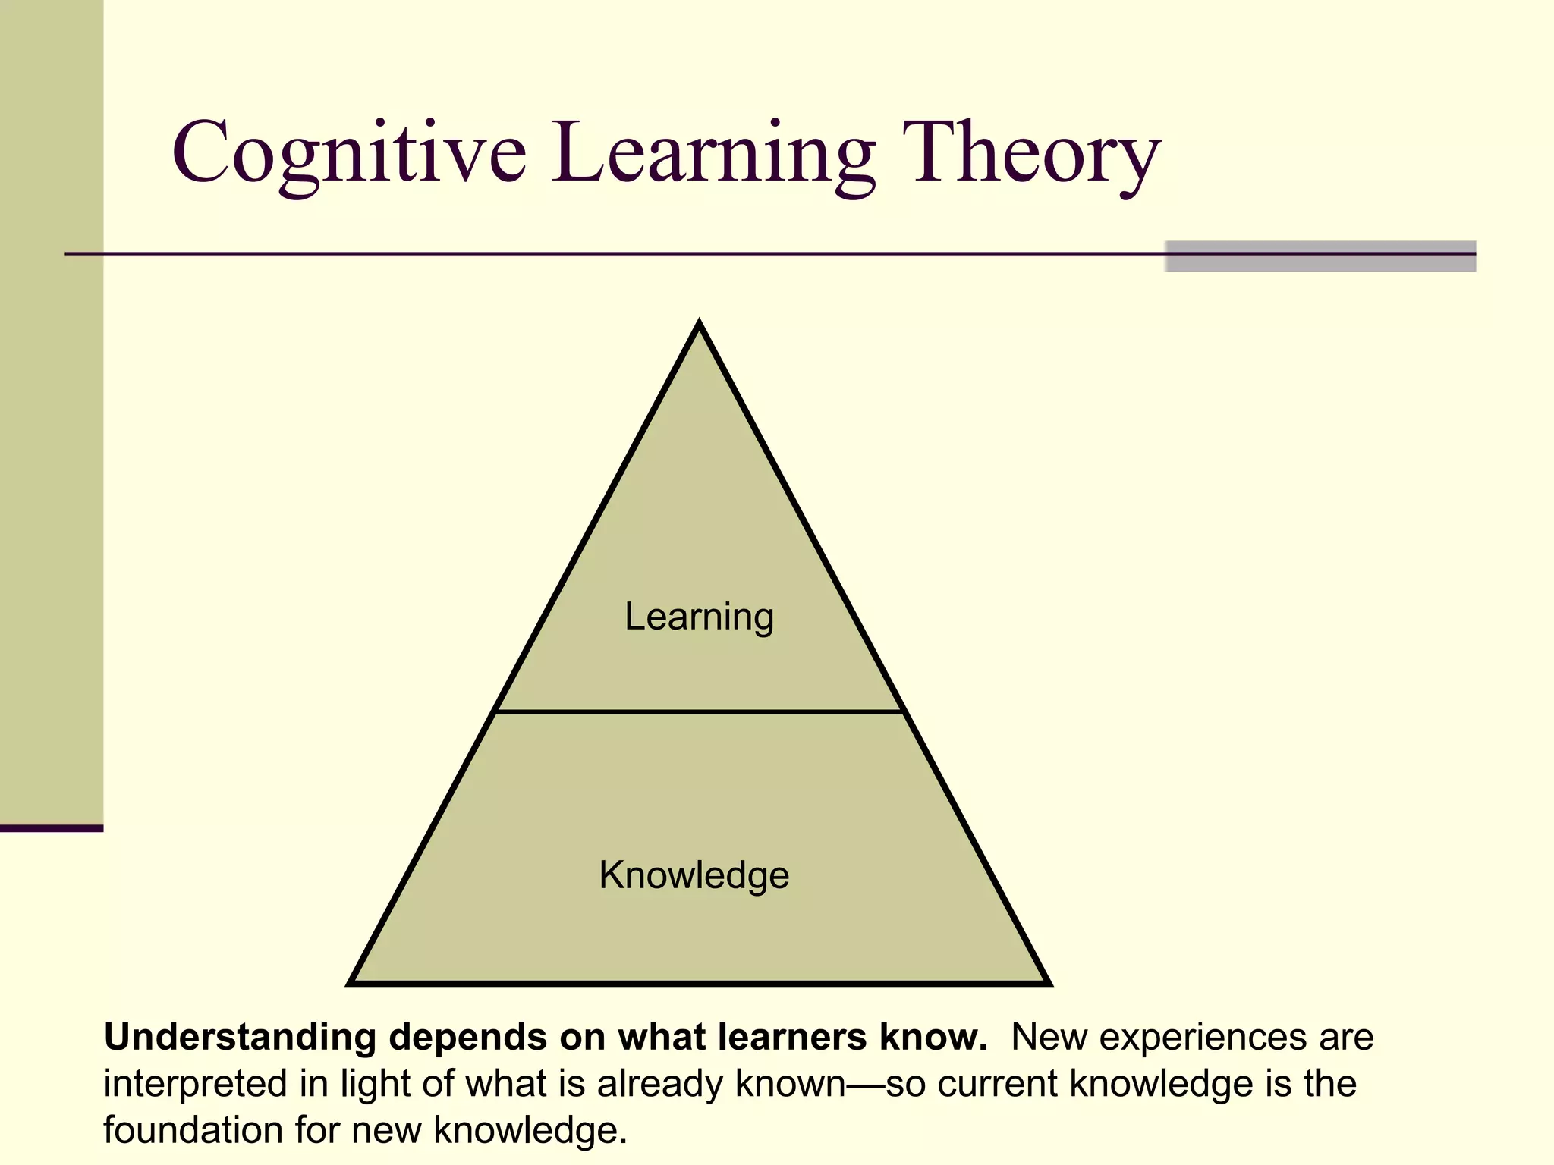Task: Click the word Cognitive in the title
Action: click(x=349, y=154)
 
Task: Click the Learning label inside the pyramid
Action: click(x=699, y=616)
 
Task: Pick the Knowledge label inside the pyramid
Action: click(x=694, y=875)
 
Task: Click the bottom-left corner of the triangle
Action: click(x=352, y=982)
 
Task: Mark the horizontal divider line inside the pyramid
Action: click(x=699, y=711)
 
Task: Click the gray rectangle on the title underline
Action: click(x=1320, y=256)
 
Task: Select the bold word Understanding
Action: click(x=240, y=1038)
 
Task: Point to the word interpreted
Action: click(x=194, y=1084)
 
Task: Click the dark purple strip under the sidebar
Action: click(x=51, y=828)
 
